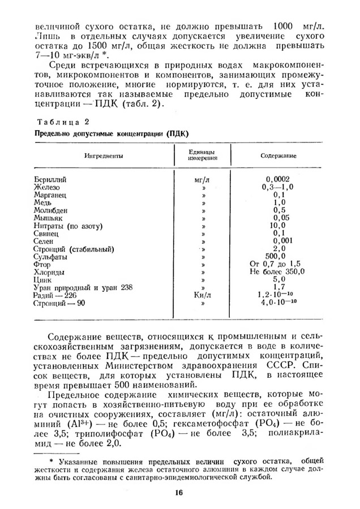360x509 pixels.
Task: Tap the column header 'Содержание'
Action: pyautogui.click(x=279, y=155)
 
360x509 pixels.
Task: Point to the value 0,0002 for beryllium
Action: pyautogui.click(x=277, y=179)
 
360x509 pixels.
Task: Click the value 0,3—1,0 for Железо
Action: pyautogui.click(x=277, y=187)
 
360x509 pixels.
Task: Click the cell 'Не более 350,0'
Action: pyautogui.click(x=277, y=272)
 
